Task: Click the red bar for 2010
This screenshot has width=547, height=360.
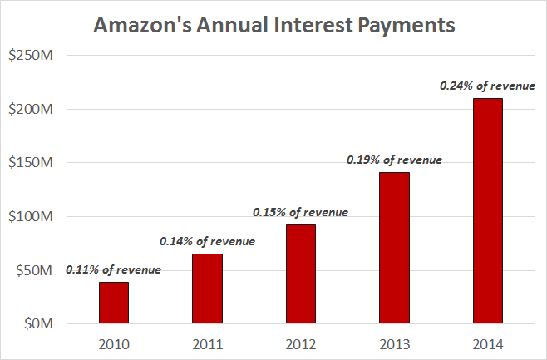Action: (113, 303)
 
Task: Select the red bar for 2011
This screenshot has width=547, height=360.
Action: (207, 288)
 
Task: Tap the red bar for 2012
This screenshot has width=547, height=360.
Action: (300, 274)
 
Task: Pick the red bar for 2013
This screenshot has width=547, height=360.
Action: (394, 248)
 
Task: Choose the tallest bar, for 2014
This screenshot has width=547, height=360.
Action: (487, 211)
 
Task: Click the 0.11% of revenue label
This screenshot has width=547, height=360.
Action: (114, 269)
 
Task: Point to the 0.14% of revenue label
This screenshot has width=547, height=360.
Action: (208, 241)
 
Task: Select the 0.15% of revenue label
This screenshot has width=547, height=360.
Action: (300, 212)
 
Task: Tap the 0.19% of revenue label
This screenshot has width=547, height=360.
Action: (394, 160)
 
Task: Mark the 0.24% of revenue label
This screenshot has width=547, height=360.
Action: (487, 85)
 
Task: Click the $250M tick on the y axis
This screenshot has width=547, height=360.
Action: (31, 56)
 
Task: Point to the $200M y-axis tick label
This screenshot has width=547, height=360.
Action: (31, 109)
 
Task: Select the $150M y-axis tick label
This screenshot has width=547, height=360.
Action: (31, 163)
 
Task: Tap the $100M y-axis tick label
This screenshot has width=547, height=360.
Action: (31, 217)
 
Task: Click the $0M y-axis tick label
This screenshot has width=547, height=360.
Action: (37, 324)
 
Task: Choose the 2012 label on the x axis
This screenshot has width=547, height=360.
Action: (300, 343)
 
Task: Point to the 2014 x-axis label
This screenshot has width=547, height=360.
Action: (487, 343)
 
